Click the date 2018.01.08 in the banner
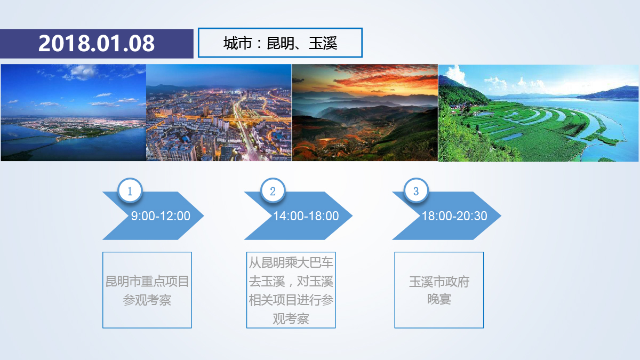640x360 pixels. [x=97, y=43]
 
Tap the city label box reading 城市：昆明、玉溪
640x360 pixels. [x=280, y=43]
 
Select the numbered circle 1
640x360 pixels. [x=130, y=190]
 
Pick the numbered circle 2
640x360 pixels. [x=273, y=190]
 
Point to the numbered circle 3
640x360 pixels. [x=416, y=190]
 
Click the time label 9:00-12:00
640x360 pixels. [x=161, y=216]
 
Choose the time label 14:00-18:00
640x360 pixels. [x=306, y=216]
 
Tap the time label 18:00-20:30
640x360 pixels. [x=454, y=216]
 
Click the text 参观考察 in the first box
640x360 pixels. [x=147, y=300]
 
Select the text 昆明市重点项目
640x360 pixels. [x=147, y=282]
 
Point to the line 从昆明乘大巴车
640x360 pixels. [x=291, y=263]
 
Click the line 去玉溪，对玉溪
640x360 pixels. [x=291, y=282]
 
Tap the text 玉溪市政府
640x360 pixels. [x=439, y=282]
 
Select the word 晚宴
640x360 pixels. [x=439, y=299]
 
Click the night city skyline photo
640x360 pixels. [x=219, y=113]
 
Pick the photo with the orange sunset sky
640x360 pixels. [x=365, y=113]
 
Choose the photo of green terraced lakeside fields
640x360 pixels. [x=539, y=113]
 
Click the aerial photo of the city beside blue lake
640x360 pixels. [x=74, y=113]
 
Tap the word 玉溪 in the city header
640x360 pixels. [x=323, y=43]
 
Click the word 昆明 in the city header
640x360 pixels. [x=281, y=43]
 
